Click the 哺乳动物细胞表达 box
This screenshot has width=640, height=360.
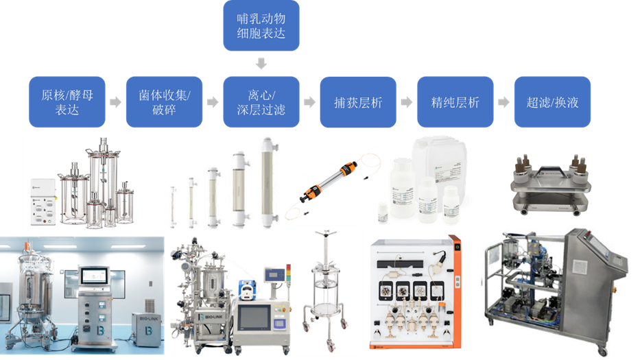[x=261, y=26]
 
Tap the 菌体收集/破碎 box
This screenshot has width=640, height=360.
[x=164, y=102]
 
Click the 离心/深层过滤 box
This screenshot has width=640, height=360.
[x=261, y=102]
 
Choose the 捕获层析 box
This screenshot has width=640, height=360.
[x=358, y=102]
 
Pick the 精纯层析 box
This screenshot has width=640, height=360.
[x=455, y=102]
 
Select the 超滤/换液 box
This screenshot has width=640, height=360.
[x=552, y=102]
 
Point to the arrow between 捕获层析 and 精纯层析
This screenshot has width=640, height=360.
[x=407, y=102]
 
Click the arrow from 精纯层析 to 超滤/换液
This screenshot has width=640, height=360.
[x=504, y=102]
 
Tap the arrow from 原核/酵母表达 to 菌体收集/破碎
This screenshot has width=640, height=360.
[x=115, y=102]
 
